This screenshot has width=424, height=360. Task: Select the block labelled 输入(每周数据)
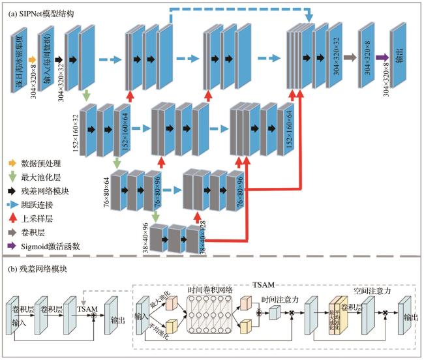pos(46,58)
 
